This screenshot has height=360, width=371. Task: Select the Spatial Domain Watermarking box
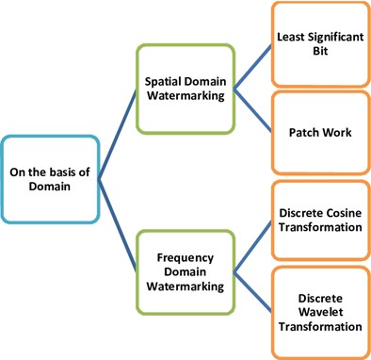pyautogui.click(x=185, y=89)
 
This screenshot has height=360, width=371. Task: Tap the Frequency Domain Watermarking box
pyautogui.click(x=185, y=270)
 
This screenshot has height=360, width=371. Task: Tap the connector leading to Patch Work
pyautogui.click(x=253, y=111)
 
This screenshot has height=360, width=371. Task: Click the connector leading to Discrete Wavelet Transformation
pyautogui.click(x=253, y=291)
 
